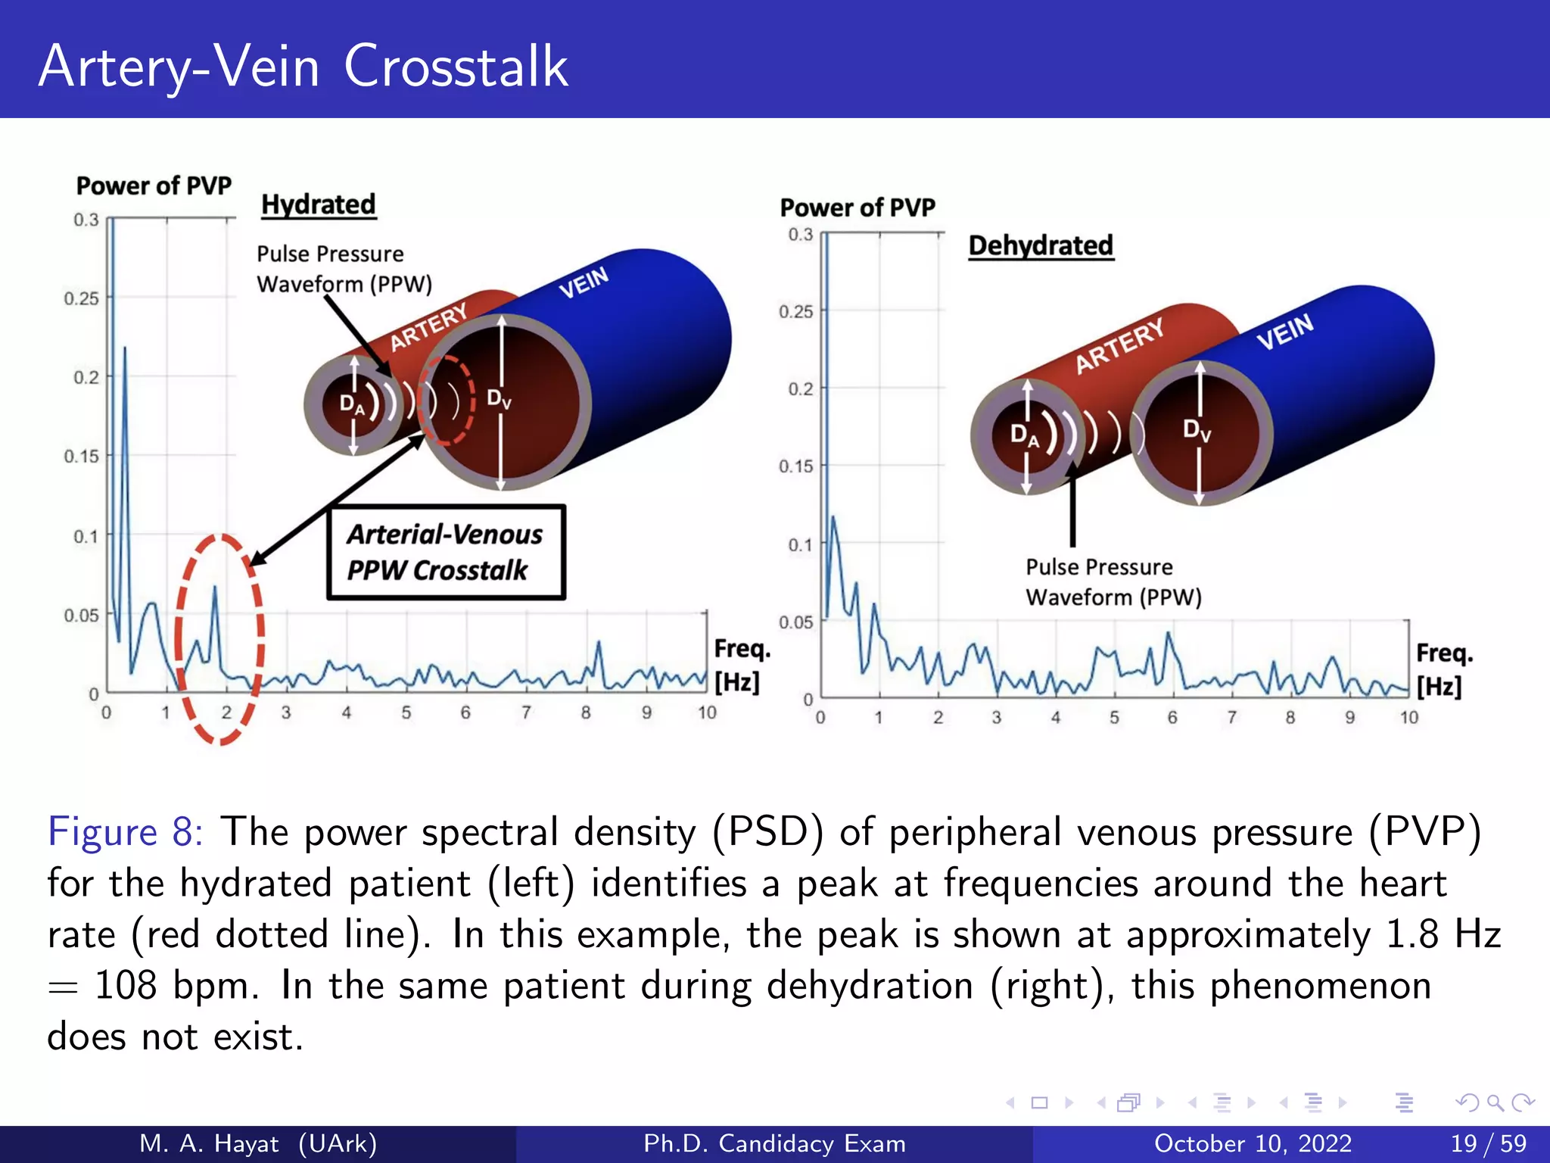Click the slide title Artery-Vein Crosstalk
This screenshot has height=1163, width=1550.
pos(303,67)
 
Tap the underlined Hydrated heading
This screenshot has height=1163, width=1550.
pos(318,204)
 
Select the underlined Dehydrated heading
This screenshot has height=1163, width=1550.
pos(1041,245)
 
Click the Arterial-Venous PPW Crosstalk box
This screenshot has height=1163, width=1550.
pos(446,552)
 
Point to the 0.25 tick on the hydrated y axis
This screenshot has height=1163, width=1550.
pos(82,298)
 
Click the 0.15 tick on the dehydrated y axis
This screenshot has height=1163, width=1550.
pos(795,466)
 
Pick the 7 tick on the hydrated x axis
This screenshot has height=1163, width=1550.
pos(526,712)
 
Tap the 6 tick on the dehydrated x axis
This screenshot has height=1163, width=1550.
pos(1172,717)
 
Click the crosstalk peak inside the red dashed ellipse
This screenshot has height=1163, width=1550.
pos(215,589)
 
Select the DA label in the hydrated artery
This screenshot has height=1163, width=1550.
pos(351,404)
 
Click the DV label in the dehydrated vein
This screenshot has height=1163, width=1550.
pos(1197,430)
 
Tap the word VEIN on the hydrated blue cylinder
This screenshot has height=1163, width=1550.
pos(584,282)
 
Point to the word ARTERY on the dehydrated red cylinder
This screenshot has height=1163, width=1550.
pos(1119,345)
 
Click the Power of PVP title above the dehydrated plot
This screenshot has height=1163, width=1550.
pos(857,207)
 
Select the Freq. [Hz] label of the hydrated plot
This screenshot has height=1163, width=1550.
pos(741,665)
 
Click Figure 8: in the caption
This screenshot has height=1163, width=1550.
pos(125,831)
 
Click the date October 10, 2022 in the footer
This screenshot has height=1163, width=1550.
pos(1253,1143)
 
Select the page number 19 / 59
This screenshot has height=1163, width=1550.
pos(1488,1143)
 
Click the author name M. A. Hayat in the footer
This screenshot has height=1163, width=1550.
pos(209,1143)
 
